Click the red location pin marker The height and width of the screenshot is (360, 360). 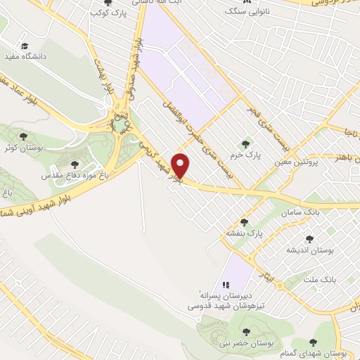181,166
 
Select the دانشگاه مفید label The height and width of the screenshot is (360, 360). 25,56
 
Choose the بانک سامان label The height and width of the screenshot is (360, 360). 302,212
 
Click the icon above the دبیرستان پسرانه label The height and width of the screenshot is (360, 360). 226,284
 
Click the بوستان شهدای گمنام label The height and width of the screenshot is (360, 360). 333,352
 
